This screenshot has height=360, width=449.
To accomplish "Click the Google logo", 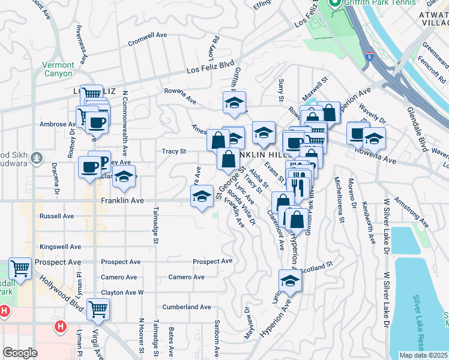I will coord(20,353).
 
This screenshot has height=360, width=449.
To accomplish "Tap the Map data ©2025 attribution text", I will coord(423,355).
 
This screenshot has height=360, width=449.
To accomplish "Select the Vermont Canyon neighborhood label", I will coord(58,69).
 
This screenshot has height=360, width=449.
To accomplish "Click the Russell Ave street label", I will coord(56,215).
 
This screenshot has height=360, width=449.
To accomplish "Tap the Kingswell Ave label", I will coord(60,247).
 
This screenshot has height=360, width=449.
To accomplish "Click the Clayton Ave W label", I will coord(122,292).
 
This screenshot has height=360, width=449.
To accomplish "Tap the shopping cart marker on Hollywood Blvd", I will coord(98,310).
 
